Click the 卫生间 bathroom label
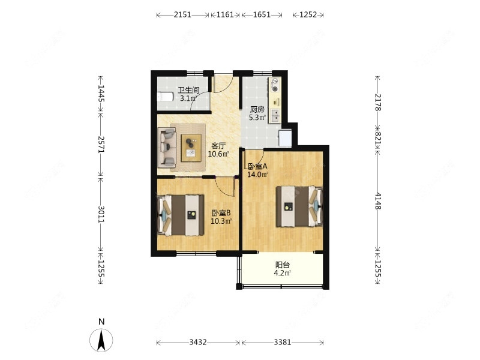[x=188, y=90]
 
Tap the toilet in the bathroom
[x=165, y=97]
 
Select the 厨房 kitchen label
[x=257, y=109]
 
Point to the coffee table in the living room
[x=191, y=148]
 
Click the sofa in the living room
[x=167, y=148]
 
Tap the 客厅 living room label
[x=218, y=145]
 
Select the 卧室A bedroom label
[x=257, y=166]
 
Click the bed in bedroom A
[x=299, y=206]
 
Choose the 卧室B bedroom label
[x=221, y=212]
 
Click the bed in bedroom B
[x=181, y=215]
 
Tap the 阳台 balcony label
[x=282, y=265]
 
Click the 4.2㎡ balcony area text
[x=282, y=273]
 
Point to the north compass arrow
[x=101, y=340]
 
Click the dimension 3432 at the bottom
[x=198, y=342]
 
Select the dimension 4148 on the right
[x=378, y=201]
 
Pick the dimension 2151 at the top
[x=182, y=14]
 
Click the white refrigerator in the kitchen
[x=285, y=138]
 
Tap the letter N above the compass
[x=101, y=322]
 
